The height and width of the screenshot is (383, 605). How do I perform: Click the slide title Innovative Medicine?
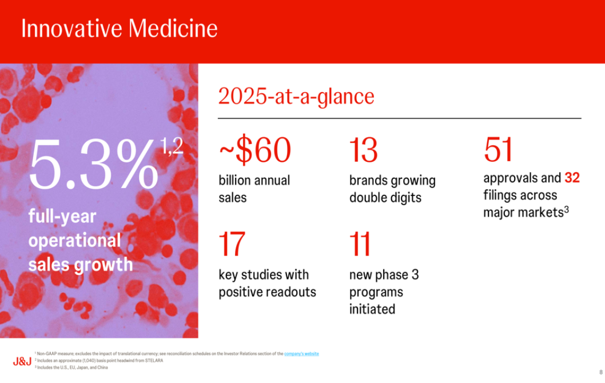coord(119,28)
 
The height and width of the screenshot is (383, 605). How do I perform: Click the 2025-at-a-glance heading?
coord(296,97)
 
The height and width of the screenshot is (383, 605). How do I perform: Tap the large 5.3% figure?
coord(93,164)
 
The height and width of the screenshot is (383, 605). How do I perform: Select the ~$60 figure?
coord(254,150)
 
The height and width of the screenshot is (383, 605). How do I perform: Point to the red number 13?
coord(363,150)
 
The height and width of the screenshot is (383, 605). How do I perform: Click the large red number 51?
coord(497,150)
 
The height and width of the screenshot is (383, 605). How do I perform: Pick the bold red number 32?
coord(572,178)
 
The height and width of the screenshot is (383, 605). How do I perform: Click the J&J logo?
coord(22,361)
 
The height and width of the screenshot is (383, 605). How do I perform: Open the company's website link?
coord(301,354)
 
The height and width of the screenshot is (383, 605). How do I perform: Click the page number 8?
coord(601,372)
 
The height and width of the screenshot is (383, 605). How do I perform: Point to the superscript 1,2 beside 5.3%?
coord(172,146)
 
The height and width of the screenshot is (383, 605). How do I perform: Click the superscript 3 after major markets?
coord(567,210)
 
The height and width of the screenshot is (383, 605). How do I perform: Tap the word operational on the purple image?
coord(75,241)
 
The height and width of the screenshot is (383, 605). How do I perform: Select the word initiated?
coord(372,309)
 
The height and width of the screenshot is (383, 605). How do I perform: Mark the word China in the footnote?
coord(102,368)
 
